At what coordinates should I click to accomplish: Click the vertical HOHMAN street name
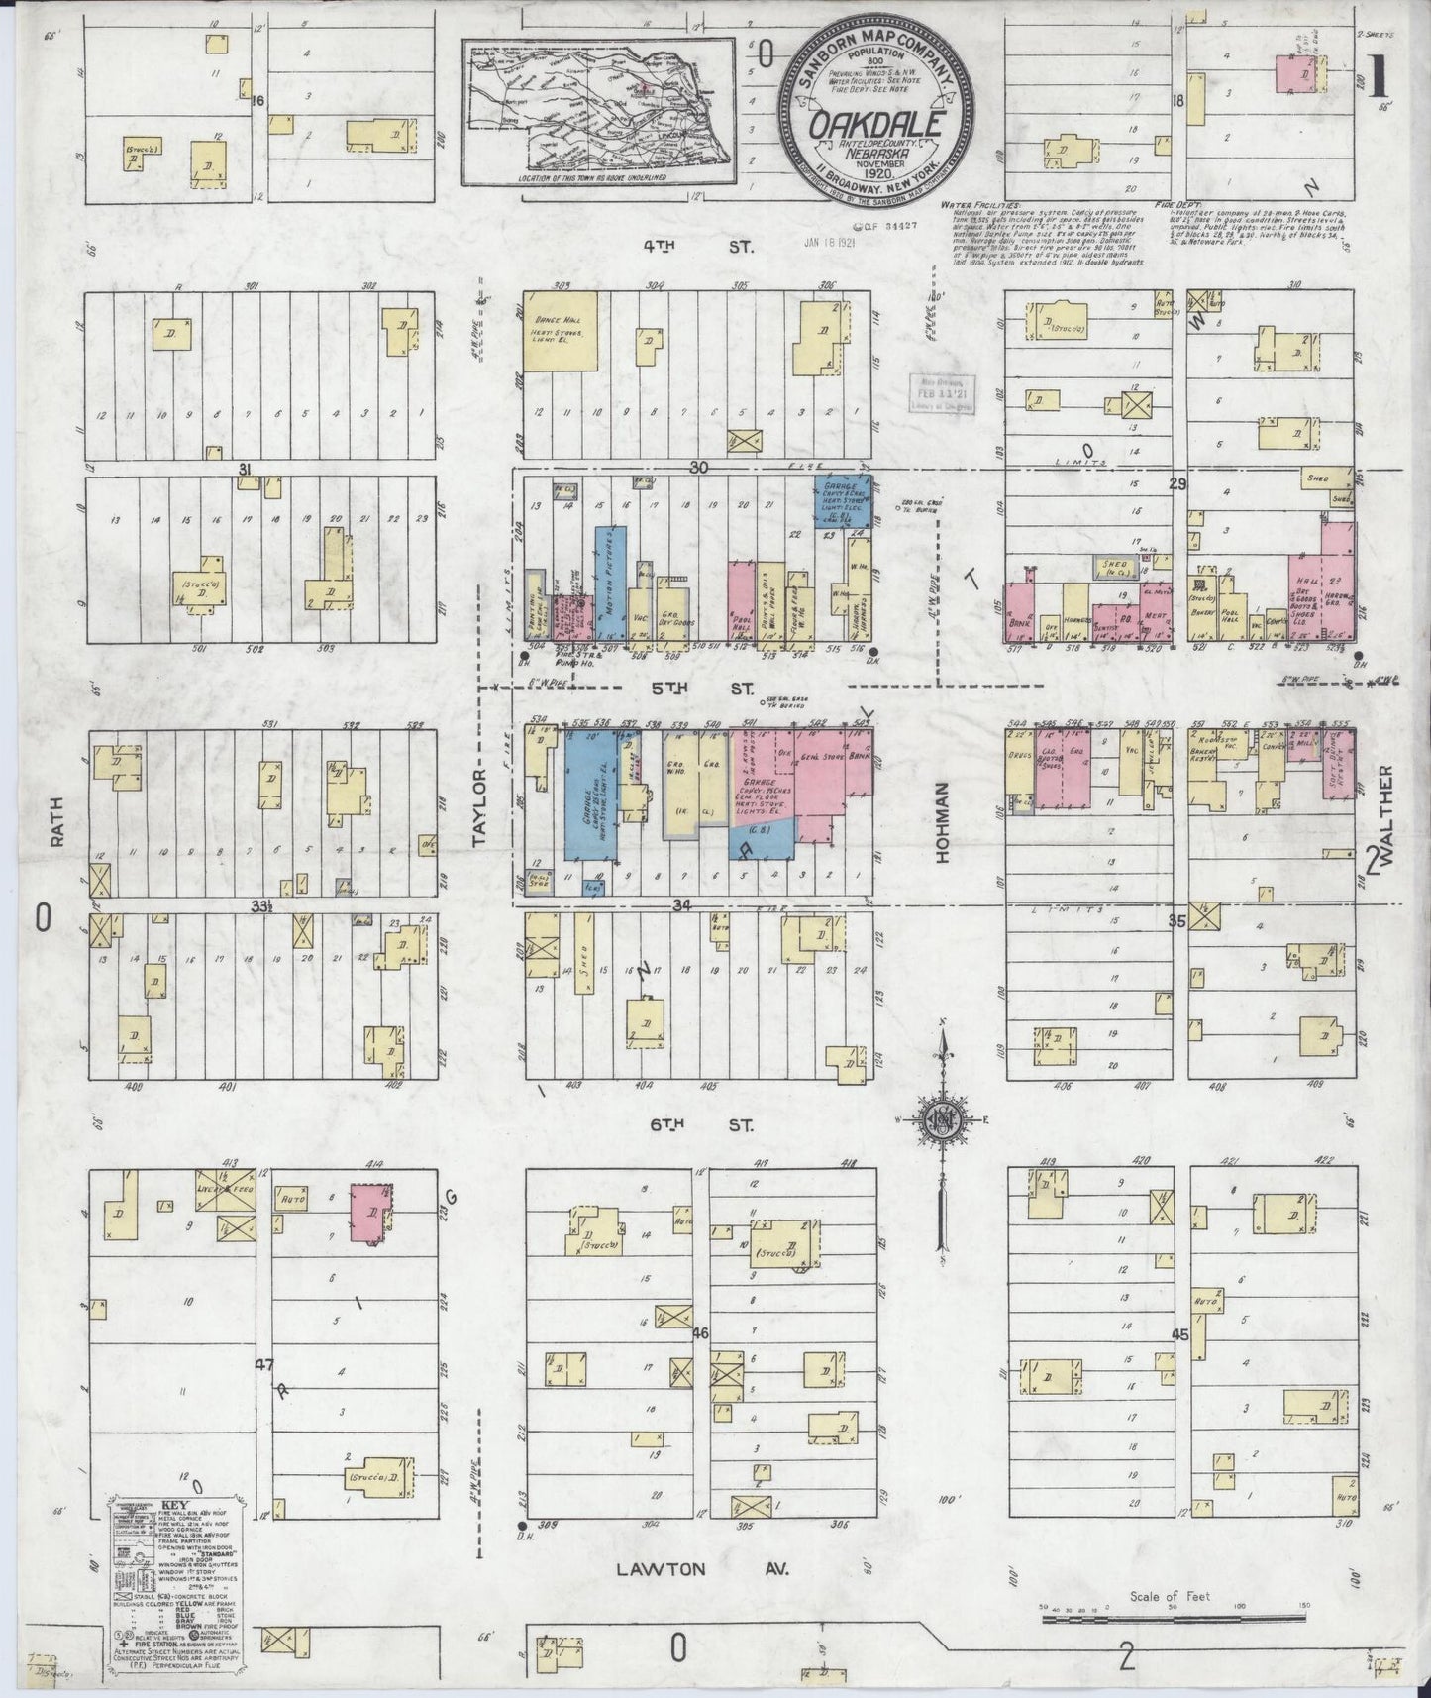pyautogui.click(x=943, y=821)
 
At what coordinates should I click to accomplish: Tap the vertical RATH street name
pyautogui.click(x=55, y=821)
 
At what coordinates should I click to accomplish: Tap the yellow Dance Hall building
pyautogui.click(x=560, y=332)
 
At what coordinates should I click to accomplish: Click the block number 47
pyautogui.click(x=263, y=1364)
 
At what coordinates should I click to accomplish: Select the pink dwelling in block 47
pyautogui.click(x=370, y=1213)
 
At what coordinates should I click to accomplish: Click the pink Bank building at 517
pyautogui.click(x=1018, y=612)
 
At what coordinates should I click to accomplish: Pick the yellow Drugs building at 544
pyautogui.click(x=1019, y=761)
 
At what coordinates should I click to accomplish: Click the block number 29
pyautogui.click(x=1176, y=483)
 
